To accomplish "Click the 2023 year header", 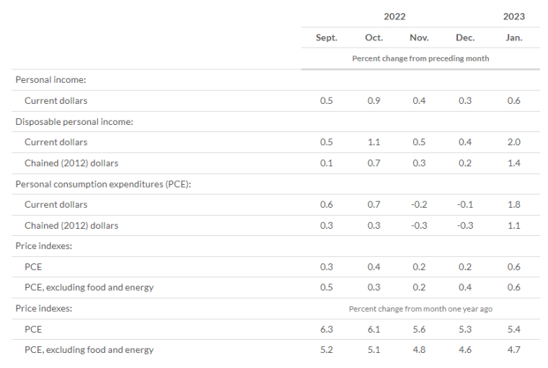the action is click(513, 17).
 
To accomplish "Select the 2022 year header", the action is click(394, 17).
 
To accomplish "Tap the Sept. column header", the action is click(327, 38).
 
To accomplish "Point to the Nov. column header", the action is click(419, 38).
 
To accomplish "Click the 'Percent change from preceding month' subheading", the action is click(420, 58).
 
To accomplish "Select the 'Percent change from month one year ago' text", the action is click(420, 309).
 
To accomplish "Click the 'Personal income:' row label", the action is click(50, 80).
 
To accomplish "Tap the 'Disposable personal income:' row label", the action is click(74, 122).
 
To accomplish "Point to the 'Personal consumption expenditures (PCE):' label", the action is click(103, 184).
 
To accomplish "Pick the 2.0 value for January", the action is click(513, 142).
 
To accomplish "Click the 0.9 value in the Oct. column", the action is click(374, 101).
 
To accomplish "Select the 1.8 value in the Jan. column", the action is click(513, 204).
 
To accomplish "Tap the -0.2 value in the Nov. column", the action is click(419, 204).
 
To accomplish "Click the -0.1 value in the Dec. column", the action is click(465, 204).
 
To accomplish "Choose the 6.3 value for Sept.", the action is click(327, 329).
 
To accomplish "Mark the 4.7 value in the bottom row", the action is click(513, 349).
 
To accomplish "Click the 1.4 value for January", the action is click(513, 163).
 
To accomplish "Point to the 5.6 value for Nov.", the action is click(419, 329).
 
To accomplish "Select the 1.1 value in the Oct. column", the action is click(374, 142).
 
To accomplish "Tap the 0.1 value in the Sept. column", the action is click(327, 163).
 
